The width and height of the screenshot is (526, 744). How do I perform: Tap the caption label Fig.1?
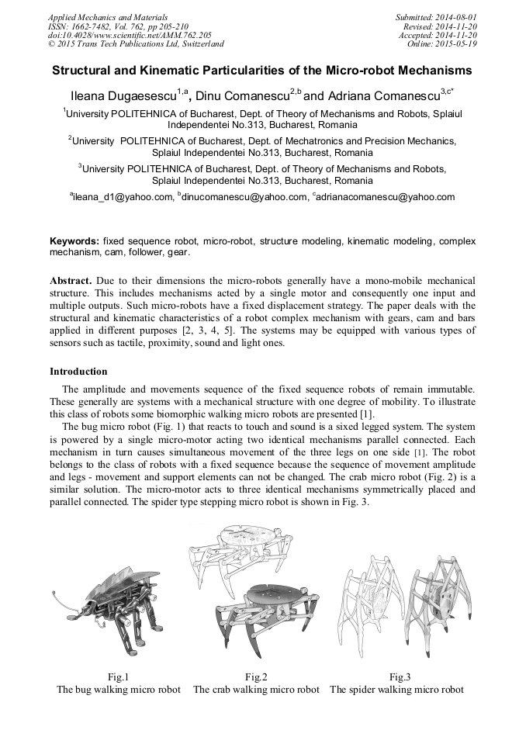(x=116, y=677)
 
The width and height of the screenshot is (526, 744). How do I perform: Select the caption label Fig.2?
(x=256, y=677)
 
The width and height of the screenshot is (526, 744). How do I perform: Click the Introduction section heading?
(x=80, y=372)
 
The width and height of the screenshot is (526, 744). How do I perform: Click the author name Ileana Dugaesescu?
(x=119, y=96)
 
